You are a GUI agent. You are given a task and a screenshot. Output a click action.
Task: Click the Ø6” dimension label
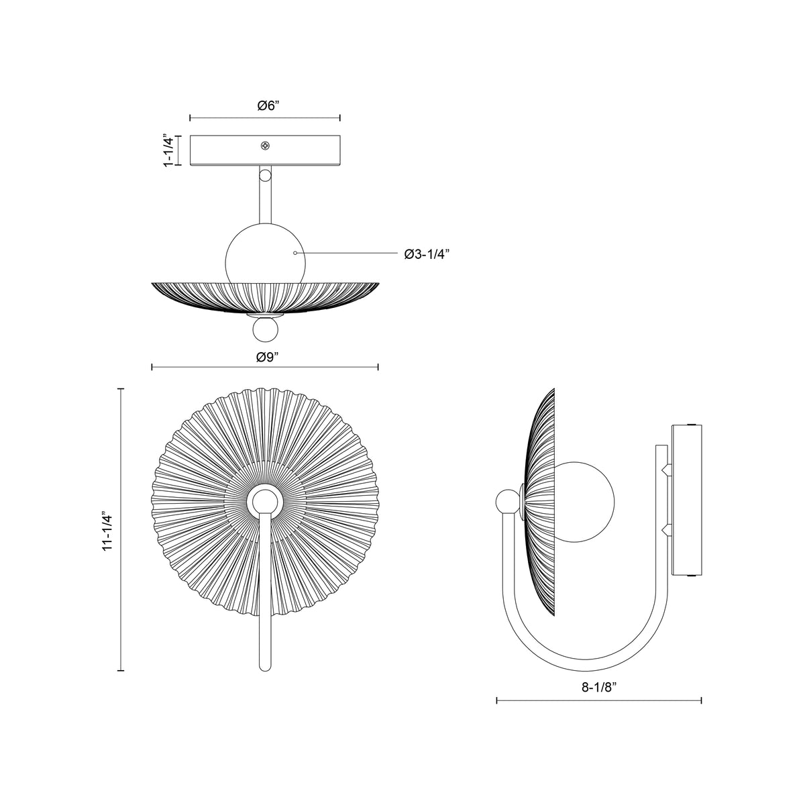pos(268,106)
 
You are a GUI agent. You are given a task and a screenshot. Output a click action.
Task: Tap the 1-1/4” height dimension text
pos(168,150)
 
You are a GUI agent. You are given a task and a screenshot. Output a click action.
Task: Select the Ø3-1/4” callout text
pos(427,254)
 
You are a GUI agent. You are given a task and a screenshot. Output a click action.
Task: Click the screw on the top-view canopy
pos(265,146)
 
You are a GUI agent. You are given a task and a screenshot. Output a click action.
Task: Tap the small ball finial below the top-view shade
pos(265,330)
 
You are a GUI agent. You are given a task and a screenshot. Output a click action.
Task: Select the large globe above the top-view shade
pos(265,254)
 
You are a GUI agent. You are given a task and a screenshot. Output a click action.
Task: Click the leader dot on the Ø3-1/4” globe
pos(295,253)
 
